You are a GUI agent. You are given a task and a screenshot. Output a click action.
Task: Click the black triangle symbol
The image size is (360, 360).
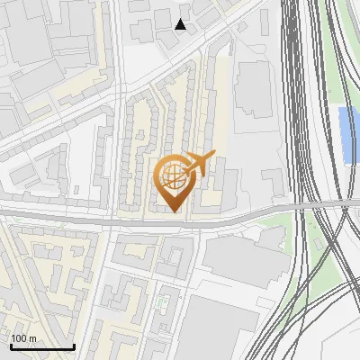[x=181, y=24]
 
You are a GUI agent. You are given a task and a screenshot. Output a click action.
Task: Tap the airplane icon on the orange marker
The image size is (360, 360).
[x=199, y=164]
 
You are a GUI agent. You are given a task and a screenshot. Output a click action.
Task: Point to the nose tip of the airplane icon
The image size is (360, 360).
[x=213, y=156]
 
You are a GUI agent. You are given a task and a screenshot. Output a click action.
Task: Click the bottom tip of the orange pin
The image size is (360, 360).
[x=175, y=212]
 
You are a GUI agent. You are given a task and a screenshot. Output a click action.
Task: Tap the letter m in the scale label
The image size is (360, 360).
[x=32, y=339]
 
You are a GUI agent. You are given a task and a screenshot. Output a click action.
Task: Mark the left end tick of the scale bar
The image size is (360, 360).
[x=11, y=346]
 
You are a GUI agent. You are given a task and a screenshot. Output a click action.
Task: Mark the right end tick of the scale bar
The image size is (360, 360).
[x=74, y=346]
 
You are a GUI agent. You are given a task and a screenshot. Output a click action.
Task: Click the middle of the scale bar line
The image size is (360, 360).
[x=42, y=347]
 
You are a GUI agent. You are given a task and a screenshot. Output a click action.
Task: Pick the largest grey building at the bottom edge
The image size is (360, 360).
[x=216, y=328]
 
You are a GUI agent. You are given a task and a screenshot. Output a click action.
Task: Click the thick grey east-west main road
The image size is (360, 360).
[x=90, y=219]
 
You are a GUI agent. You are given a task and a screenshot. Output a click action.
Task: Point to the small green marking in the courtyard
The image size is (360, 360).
[x=162, y=301]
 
